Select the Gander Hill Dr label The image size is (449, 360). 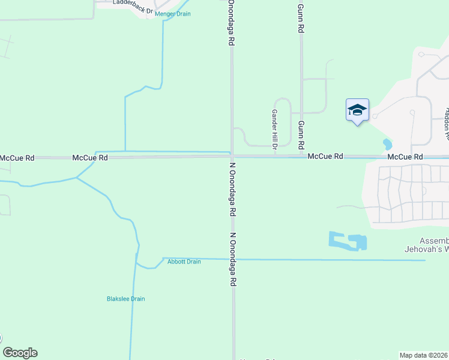click(274, 129)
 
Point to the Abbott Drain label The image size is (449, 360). click(184, 262)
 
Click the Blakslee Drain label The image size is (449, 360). click(125, 299)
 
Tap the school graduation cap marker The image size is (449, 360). click(357, 110)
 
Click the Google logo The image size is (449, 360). click(20, 353)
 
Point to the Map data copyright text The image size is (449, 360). click(424, 355)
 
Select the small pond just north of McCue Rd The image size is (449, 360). click(387, 145)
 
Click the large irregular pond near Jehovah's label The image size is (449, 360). click(348, 241)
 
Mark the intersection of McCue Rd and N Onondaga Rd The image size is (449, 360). click(232, 157)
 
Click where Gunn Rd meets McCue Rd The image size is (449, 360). click(301, 156)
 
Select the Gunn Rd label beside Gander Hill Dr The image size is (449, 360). click(301, 135)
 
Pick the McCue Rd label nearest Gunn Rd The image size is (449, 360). click(325, 156)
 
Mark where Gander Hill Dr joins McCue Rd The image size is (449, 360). click(275, 156)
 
